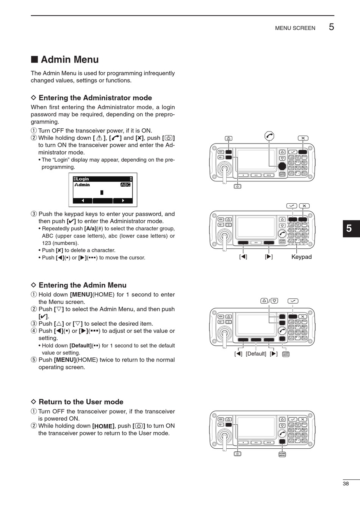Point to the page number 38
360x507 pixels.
click(346, 484)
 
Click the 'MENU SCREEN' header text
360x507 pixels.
click(295, 28)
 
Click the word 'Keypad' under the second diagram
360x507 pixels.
click(301, 257)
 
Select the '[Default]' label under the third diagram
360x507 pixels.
click(256, 354)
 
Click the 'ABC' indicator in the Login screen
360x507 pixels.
click(125, 185)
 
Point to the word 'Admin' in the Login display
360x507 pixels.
click(82, 185)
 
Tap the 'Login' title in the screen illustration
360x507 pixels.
click(82, 179)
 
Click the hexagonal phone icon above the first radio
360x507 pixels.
click(269, 136)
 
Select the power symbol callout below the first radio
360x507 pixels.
click(237, 186)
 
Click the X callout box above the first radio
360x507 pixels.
click(303, 138)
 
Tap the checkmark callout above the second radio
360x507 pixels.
click(291, 206)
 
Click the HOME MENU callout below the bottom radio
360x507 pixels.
click(282, 454)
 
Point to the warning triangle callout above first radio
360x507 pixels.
click(229, 138)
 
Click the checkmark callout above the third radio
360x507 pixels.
click(293, 301)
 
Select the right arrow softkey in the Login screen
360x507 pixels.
click(123, 200)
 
